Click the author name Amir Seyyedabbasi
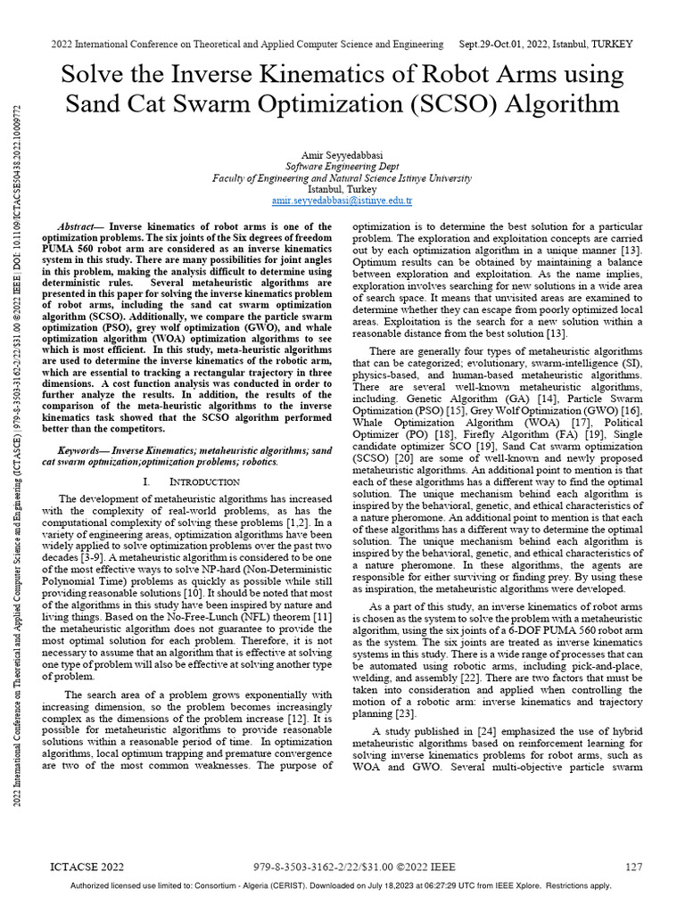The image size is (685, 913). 342,153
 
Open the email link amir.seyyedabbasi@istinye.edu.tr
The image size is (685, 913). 342,202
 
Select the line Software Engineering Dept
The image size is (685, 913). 342,166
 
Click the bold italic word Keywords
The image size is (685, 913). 81,452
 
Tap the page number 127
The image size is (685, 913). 633,867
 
